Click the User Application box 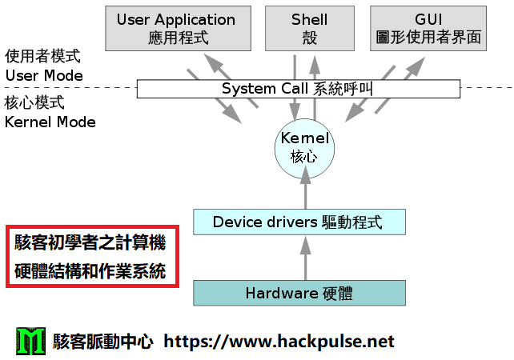click(176, 28)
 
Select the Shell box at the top click(309, 28)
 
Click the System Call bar click(298, 88)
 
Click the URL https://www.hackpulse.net click(279, 342)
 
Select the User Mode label click(44, 76)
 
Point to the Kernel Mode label click(50, 122)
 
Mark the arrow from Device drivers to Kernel click(304, 192)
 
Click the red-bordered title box click(90, 256)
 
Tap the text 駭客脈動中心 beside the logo click(102, 342)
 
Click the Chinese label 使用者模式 click(43, 58)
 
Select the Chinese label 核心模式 click(34, 104)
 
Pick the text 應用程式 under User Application click(176, 38)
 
